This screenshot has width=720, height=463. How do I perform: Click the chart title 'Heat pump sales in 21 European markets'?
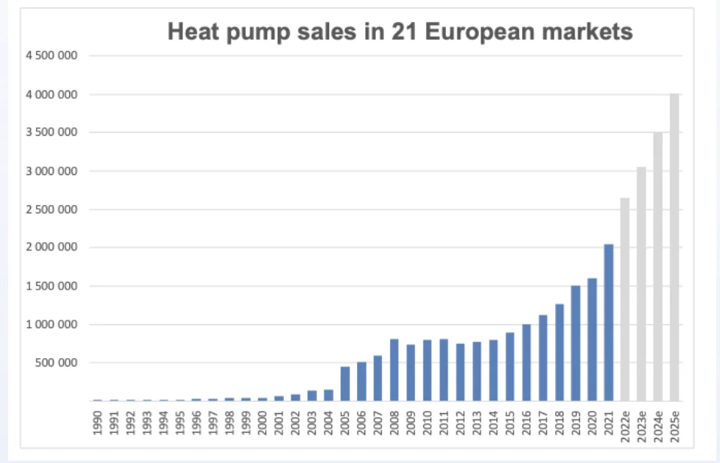click(x=399, y=32)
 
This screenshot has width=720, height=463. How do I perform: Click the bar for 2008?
click(x=394, y=370)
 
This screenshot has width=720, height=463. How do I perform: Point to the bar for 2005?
click(x=345, y=384)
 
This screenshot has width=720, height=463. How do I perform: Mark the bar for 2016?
click(x=526, y=363)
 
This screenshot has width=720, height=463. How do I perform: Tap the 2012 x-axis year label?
click(x=460, y=422)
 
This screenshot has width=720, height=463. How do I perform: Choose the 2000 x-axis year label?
click(x=262, y=422)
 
